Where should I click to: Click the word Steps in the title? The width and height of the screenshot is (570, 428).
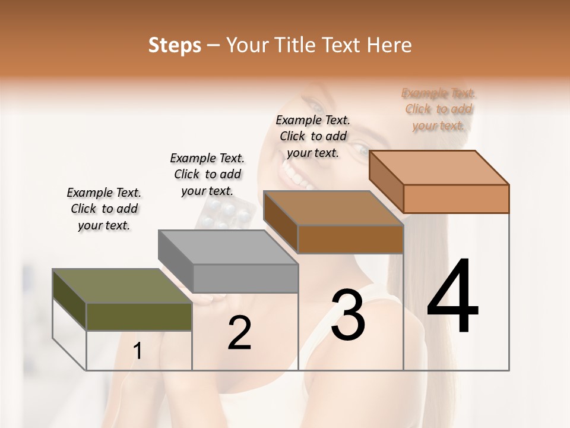click(x=175, y=45)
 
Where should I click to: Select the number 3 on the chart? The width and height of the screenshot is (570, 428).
click(x=348, y=315)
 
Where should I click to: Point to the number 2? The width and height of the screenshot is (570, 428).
click(x=239, y=333)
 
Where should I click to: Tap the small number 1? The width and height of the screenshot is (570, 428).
click(x=138, y=351)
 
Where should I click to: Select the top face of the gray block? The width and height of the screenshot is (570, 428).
click(x=228, y=247)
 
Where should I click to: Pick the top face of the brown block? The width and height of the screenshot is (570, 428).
click(x=333, y=208)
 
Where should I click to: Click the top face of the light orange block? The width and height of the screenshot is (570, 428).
click(x=439, y=167)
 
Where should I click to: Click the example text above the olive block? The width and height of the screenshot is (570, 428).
click(x=104, y=209)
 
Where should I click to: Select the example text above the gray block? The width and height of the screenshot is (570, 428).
click(x=207, y=174)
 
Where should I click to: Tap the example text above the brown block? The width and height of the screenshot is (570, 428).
click(x=313, y=136)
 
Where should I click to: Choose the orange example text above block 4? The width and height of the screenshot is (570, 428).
click(x=439, y=109)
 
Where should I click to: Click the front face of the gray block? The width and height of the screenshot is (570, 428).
click(x=246, y=278)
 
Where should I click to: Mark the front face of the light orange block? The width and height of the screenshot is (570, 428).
click(x=456, y=199)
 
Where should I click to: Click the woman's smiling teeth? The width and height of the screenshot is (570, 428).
click(x=295, y=174)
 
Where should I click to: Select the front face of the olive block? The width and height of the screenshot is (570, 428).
click(x=139, y=316)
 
